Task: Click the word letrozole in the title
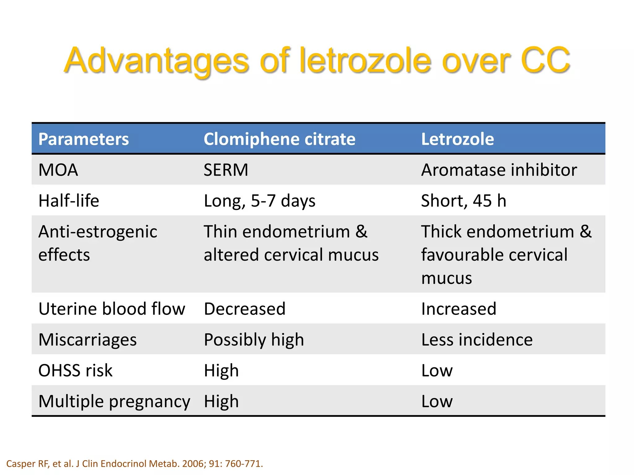click(365, 60)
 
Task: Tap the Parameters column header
click(84, 139)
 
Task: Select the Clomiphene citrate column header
click(280, 139)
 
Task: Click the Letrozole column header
click(457, 139)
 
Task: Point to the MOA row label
click(58, 170)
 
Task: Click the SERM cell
click(226, 170)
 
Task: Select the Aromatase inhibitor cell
click(499, 170)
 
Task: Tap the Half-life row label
click(69, 201)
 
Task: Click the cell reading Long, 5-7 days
click(259, 201)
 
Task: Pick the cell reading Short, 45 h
click(463, 201)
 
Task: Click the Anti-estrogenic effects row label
click(98, 243)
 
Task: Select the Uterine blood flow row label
click(112, 309)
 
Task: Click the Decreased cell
click(245, 309)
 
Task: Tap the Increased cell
click(459, 309)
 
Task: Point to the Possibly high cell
click(254, 340)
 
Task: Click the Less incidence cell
click(477, 340)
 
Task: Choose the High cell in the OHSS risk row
click(221, 370)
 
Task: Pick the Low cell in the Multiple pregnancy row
click(437, 401)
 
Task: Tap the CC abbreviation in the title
click(545, 60)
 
